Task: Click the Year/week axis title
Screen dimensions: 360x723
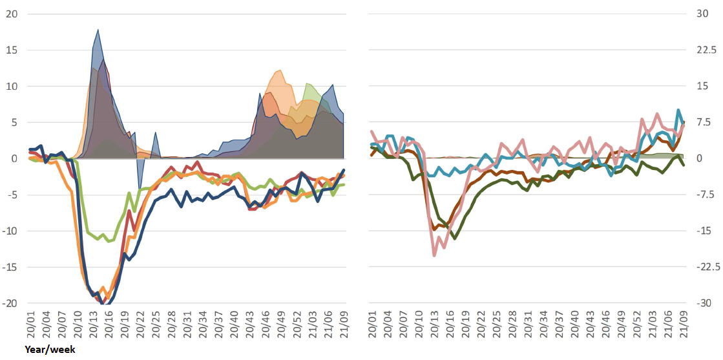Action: coord(50,350)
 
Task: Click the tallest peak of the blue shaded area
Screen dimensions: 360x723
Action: coord(98,30)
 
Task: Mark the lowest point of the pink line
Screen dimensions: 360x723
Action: coord(434,255)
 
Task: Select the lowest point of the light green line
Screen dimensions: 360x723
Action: coord(109,242)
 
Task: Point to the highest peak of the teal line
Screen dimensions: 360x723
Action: coord(679,110)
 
